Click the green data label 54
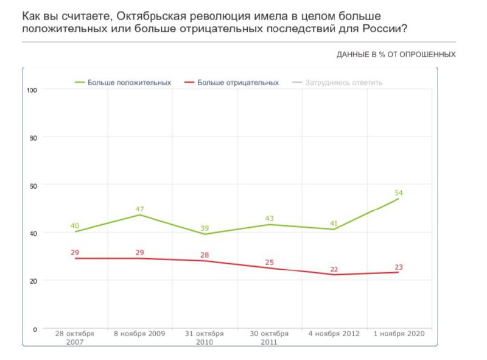pos(399,193)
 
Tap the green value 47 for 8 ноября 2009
pos(139,209)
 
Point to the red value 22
pos(334,269)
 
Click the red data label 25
pos(268,263)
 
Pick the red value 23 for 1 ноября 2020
pos(399,267)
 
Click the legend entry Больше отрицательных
pos(238,82)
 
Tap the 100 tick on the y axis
pos(33,90)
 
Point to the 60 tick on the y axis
pos(34,185)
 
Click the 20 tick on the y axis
pos(34,281)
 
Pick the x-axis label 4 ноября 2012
pos(334,334)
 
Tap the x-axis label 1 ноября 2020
pos(399,334)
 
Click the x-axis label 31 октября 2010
pos(205,337)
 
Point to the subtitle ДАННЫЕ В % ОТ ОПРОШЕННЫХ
pos(396,55)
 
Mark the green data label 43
pos(268,218)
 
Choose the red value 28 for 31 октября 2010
pos(205,255)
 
